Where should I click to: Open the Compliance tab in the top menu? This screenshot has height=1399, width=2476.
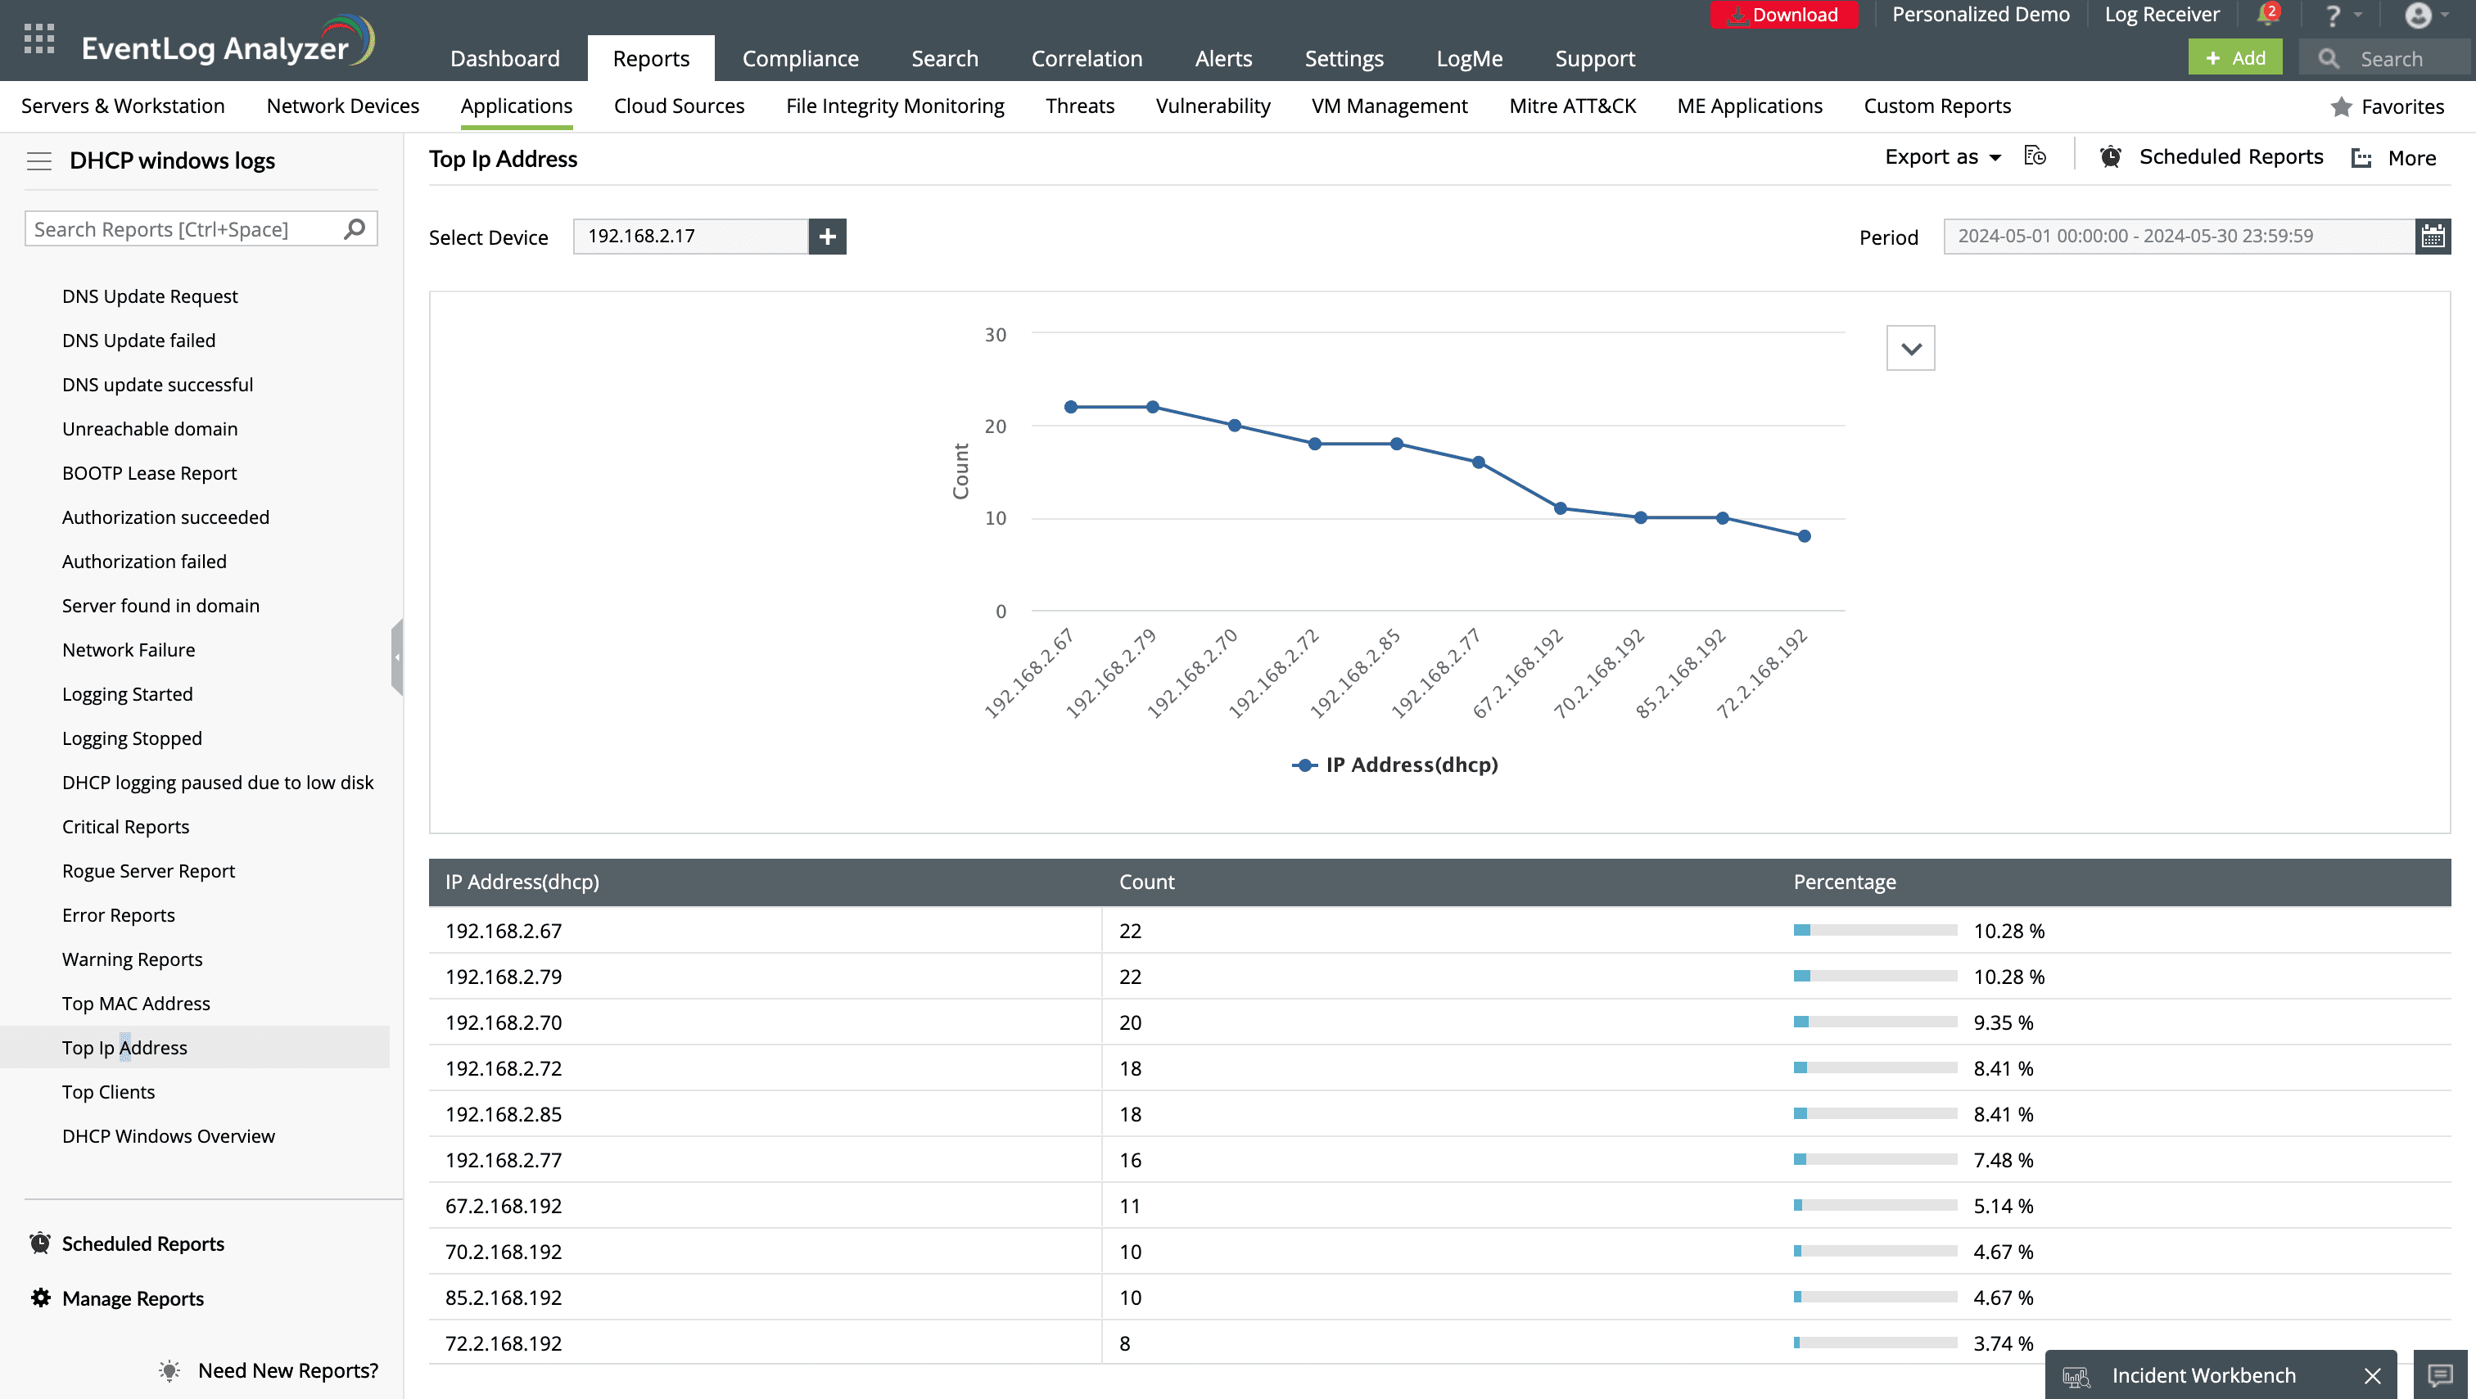click(x=800, y=59)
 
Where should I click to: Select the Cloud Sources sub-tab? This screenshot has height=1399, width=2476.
click(x=679, y=106)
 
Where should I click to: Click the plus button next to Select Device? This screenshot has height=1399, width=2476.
click(x=827, y=237)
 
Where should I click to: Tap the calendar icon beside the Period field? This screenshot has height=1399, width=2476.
click(x=2432, y=237)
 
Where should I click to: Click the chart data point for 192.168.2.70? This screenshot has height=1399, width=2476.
click(x=1234, y=426)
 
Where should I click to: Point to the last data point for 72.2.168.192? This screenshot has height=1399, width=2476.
click(x=1804, y=536)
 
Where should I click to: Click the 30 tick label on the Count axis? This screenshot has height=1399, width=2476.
click(x=995, y=334)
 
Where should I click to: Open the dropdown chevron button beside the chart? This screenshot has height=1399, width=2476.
click(x=1910, y=349)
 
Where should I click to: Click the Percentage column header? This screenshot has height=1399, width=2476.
click(x=1845, y=882)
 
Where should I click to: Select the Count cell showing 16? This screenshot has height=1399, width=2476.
click(x=1131, y=1160)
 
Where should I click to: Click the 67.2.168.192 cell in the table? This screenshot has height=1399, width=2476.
click(x=504, y=1206)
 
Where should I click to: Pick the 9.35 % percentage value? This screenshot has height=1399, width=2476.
click(x=2003, y=1022)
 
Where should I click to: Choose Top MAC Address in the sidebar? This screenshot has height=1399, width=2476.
click(x=136, y=1003)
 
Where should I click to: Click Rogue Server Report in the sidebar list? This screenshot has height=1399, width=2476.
click(x=148, y=870)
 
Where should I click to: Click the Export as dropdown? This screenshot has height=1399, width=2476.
click(x=1941, y=157)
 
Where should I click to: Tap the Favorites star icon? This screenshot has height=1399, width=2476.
click(x=2340, y=106)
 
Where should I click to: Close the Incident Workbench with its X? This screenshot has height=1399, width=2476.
click(x=2372, y=1376)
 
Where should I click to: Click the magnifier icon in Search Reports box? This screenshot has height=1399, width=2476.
click(x=355, y=228)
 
